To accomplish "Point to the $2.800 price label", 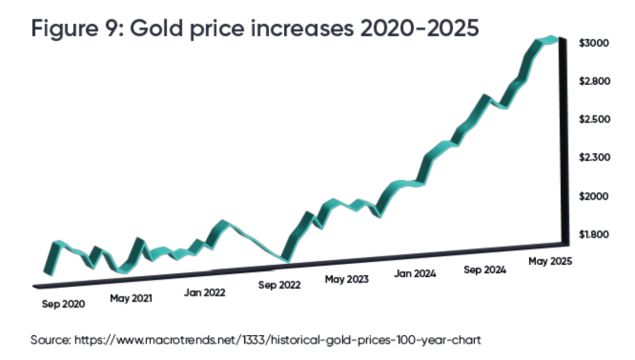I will tap(595, 81).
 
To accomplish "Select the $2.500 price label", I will tap(595, 120).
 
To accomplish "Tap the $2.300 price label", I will tap(595, 158).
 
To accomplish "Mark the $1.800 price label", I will tap(595, 235).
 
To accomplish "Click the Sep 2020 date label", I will tap(63, 304).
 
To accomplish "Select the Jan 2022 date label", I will tap(204, 293).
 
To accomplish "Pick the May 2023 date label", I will tap(347, 279).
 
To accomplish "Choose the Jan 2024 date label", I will tap(415, 273).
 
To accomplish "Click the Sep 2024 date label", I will tap(485, 270).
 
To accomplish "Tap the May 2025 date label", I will tap(550, 261).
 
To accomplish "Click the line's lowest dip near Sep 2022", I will tap(285, 259).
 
